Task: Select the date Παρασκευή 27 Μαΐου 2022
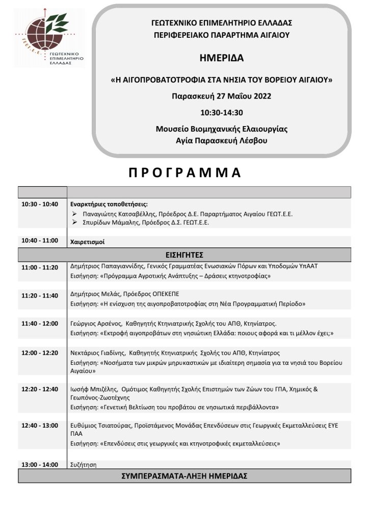point(221,96)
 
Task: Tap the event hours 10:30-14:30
point(221,112)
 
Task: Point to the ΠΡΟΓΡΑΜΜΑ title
point(184,172)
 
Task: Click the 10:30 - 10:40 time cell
point(40,204)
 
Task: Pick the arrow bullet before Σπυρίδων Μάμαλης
point(74,222)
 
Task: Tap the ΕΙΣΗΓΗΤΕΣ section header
point(184,254)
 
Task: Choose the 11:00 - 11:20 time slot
point(40,267)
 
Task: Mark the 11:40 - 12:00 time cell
point(40,323)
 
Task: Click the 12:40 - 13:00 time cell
point(40,425)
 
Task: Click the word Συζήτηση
point(83,465)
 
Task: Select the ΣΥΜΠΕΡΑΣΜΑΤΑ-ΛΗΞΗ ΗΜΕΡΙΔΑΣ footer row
point(184,476)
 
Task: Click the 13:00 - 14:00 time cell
point(40,465)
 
